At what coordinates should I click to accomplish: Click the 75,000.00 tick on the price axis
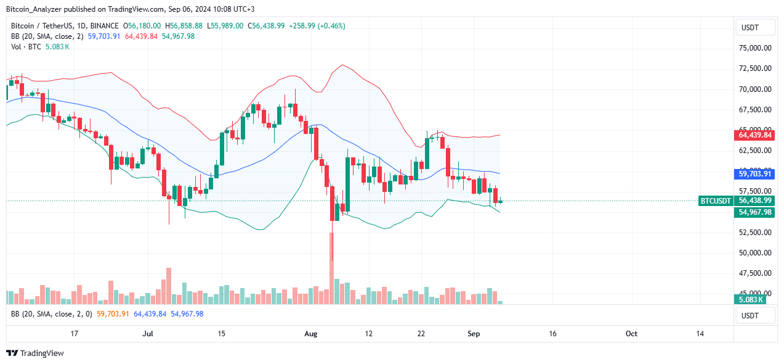tap(754, 48)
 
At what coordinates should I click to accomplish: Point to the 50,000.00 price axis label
tap(754, 253)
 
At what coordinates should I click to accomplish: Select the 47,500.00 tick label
tap(754, 273)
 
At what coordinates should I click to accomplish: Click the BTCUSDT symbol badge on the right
tap(716, 201)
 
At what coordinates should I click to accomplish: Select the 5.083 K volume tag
tap(750, 300)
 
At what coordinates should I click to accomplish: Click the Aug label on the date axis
tap(311, 334)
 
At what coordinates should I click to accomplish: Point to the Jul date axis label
tap(147, 334)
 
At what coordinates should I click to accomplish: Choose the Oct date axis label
tap(631, 334)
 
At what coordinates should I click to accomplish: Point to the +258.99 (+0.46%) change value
tap(323, 26)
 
